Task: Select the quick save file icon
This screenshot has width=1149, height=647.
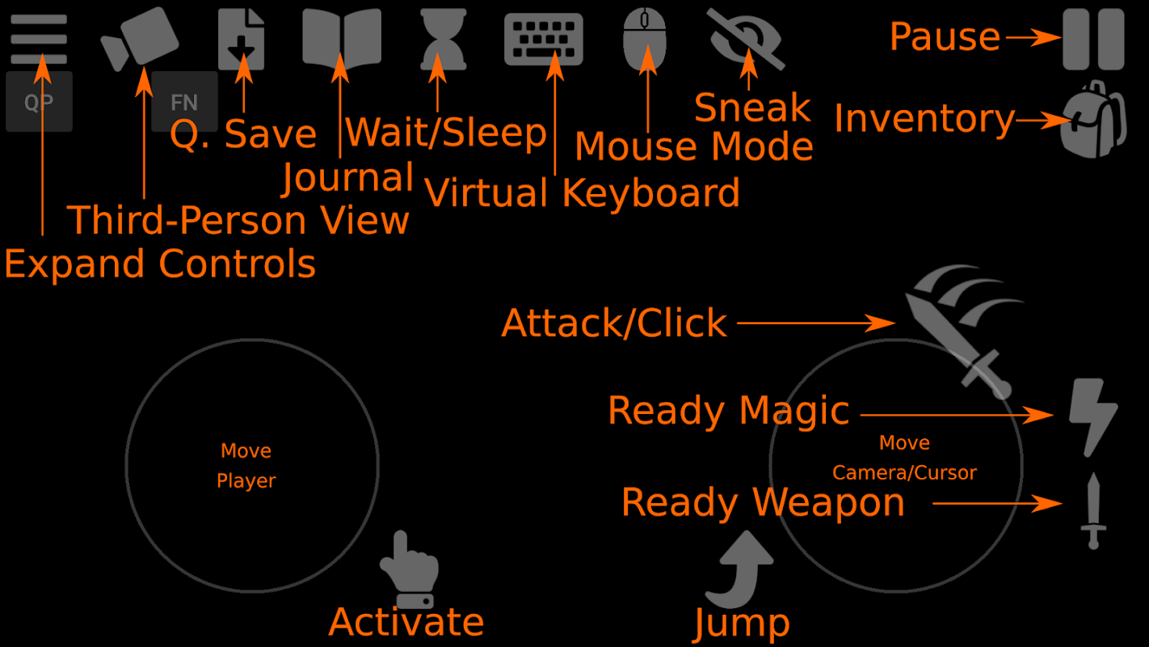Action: click(x=242, y=39)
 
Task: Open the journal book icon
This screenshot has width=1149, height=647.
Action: click(x=341, y=37)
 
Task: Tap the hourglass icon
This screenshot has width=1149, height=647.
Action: click(x=444, y=37)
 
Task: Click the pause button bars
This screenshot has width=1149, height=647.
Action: click(x=1093, y=39)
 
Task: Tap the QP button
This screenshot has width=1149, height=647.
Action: click(x=39, y=102)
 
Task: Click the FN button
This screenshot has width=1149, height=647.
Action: click(x=184, y=102)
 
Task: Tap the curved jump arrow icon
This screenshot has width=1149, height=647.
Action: click(x=741, y=569)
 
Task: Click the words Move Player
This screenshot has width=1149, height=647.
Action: click(x=246, y=465)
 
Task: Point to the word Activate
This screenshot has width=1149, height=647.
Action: click(x=406, y=622)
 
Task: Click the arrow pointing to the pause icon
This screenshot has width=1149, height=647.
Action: click(x=1032, y=37)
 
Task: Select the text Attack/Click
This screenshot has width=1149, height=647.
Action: click(x=614, y=323)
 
